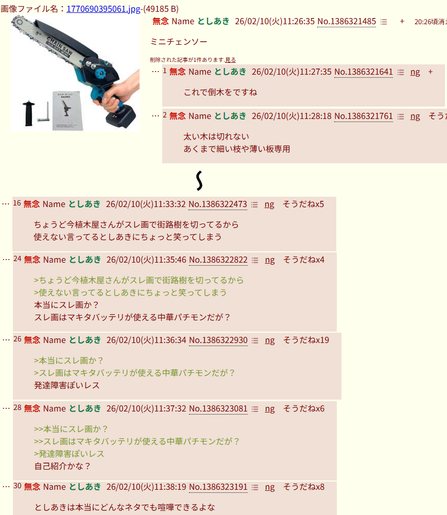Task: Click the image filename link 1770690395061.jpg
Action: coord(104,9)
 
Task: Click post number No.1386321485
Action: coord(347,21)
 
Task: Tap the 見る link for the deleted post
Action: coord(231,60)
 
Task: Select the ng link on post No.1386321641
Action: coord(415,72)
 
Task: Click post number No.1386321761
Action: coord(364,116)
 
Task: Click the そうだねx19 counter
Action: coord(306,340)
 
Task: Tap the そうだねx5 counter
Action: coord(303,204)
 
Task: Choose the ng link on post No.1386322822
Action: coord(270,260)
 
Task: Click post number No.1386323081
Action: coord(218,408)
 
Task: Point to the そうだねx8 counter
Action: coord(304,487)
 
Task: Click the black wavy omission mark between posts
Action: coord(199,181)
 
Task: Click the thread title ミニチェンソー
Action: coord(179,42)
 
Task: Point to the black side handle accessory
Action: coord(29,113)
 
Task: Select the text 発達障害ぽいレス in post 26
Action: coord(67,386)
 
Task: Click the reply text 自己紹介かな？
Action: coord(62,467)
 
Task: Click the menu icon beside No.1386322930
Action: coord(255,340)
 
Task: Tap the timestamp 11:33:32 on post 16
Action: coord(170,204)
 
